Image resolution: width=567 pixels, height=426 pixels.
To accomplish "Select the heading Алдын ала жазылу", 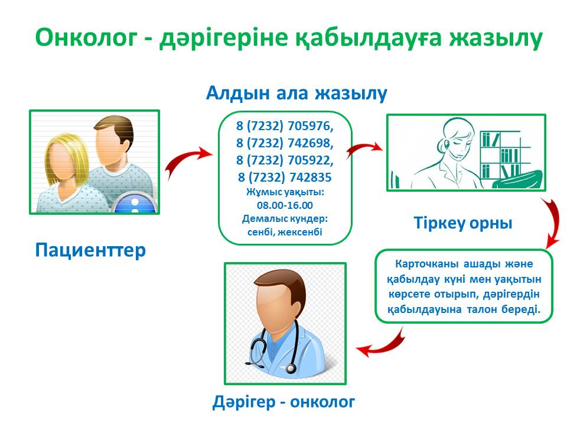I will (x=296, y=93).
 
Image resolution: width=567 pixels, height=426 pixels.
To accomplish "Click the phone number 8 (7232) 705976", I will (x=285, y=125).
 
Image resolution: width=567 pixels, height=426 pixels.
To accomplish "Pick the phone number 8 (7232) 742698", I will (x=285, y=143).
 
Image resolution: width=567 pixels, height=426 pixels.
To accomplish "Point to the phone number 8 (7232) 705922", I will (x=285, y=160).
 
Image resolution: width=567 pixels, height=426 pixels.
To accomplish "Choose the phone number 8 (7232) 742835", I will (x=285, y=177).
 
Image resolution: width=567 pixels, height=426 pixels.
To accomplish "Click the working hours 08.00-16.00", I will (x=285, y=205).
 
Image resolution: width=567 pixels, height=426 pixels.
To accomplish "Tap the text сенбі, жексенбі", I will (x=285, y=231).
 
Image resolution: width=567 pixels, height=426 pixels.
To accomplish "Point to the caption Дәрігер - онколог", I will (x=283, y=402).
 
